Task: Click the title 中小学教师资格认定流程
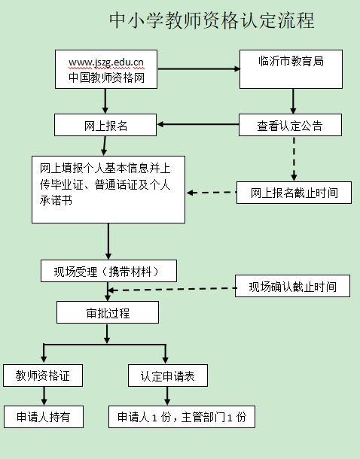coord(212,20)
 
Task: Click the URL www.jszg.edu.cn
coord(106,62)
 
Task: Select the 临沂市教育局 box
coord(291,69)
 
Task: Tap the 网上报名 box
coord(105,125)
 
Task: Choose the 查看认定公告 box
coord(290,125)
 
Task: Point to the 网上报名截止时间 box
coord(294,193)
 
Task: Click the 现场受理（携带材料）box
coord(108,271)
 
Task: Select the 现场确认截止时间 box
coord(293,286)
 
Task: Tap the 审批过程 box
coord(108,312)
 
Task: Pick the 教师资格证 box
coord(43,375)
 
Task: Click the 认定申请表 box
coord(168,375)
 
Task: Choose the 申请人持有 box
coord(44,417)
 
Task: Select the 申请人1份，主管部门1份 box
coord(182,417)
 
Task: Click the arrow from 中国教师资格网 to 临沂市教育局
coord(199,69)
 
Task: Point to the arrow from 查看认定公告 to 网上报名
coord(198,124)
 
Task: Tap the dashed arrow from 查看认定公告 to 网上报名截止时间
coord(294,159)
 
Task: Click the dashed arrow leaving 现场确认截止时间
coord(172,289)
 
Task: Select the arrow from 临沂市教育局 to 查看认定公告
coord(293,102)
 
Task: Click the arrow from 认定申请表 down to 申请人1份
coord(167,396)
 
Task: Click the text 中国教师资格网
coord(107,78)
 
